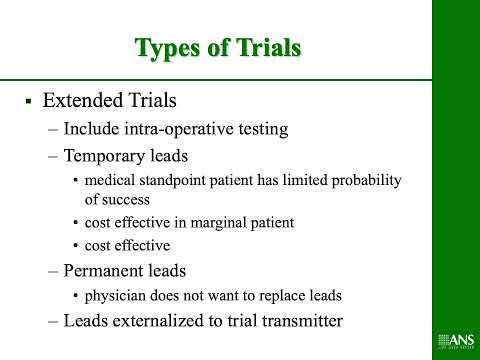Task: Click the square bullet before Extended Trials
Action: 29,102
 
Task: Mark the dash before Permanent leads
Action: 53,270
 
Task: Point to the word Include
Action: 92,129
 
